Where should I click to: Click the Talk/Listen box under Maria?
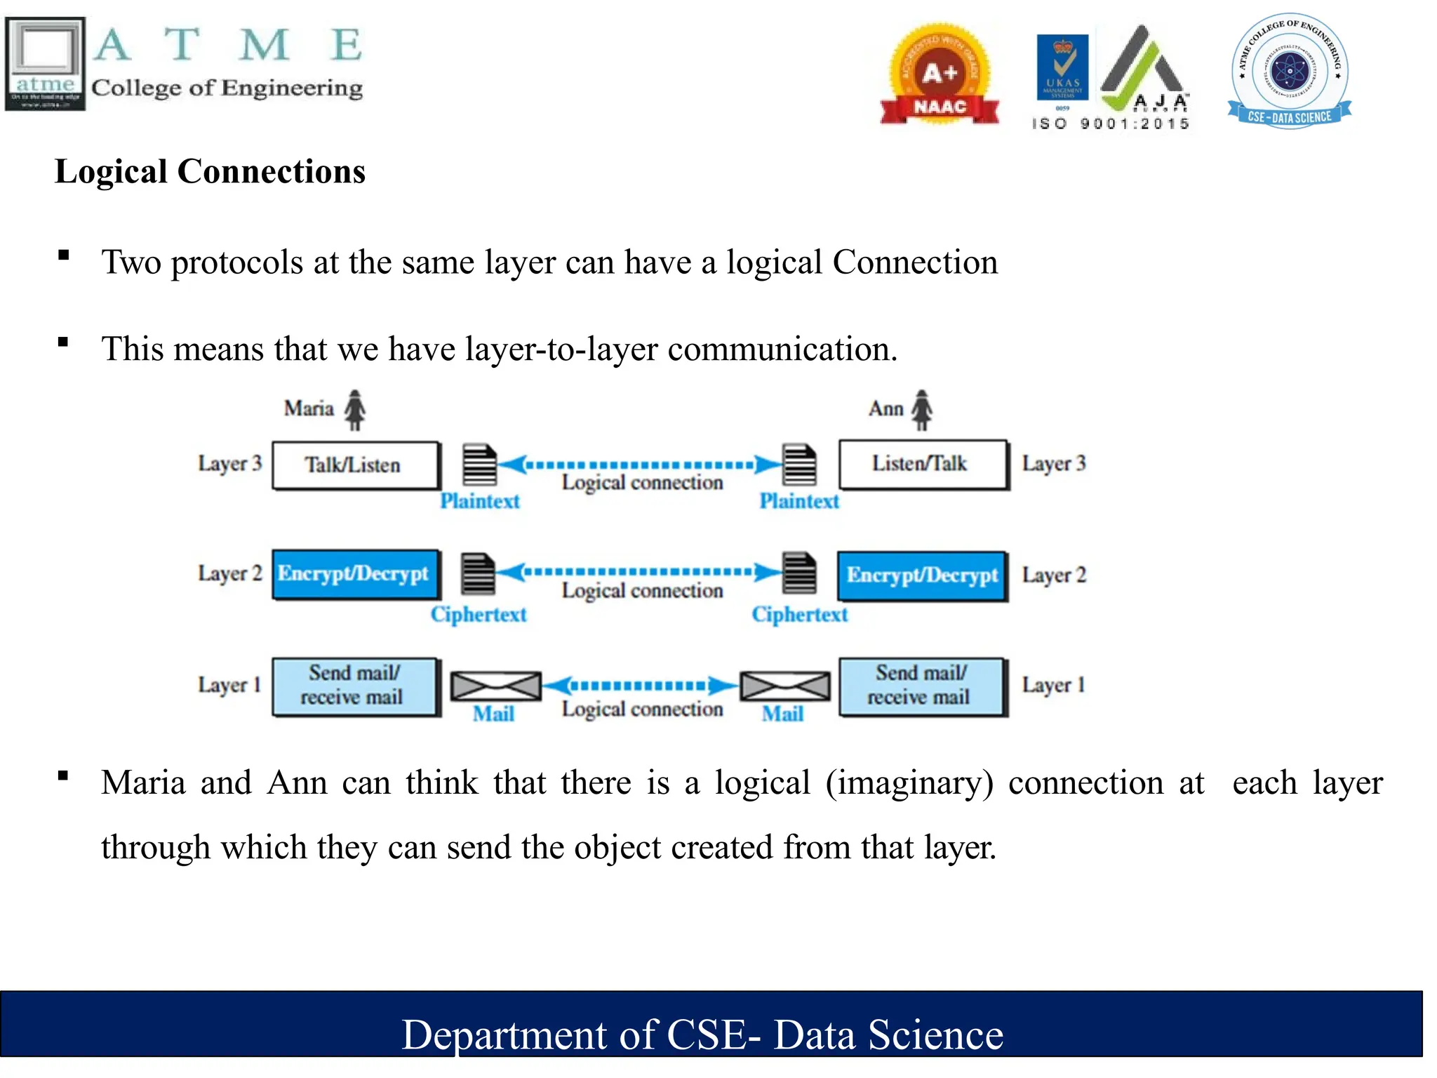355,465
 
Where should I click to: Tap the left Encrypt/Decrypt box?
355,574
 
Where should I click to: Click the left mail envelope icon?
495,686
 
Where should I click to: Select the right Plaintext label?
799,501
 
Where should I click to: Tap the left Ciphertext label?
479,614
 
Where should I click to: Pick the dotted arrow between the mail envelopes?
641,685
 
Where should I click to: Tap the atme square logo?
45,63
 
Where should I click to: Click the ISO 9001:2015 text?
1110,124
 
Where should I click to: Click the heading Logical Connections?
210,171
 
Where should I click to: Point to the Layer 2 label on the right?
1054,575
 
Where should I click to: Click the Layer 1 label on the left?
229,685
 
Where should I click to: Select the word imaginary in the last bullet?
909,783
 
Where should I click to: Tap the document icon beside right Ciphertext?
800,573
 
